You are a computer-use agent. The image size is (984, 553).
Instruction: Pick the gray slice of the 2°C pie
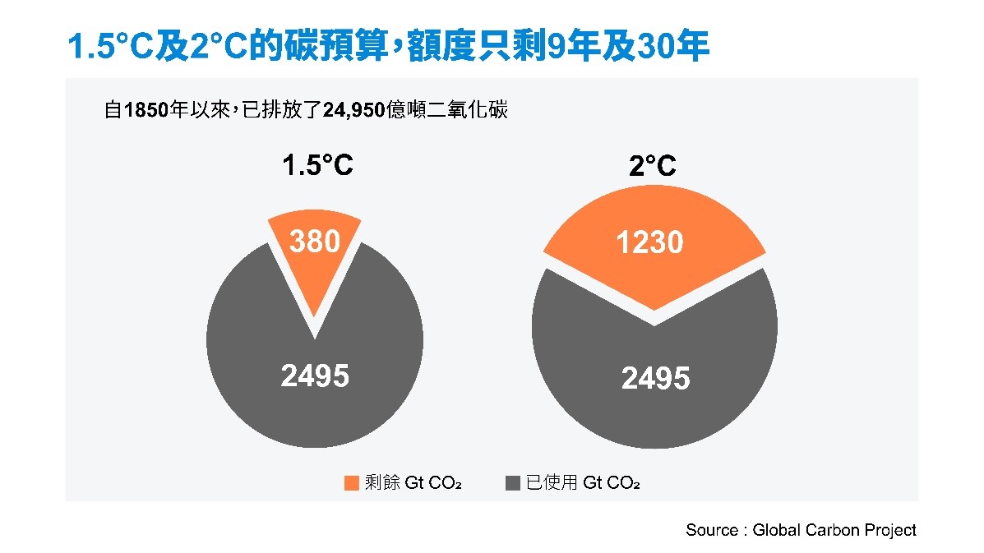[654, 394]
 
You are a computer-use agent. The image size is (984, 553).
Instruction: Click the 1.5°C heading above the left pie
[317, 166]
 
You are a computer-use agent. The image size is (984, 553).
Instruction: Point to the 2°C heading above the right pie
[653, 168]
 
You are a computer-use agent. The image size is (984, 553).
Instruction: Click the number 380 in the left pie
[315, 242]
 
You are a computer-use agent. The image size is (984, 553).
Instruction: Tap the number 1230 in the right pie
[650, 242]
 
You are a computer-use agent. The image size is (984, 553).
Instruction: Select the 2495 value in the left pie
[315, 376]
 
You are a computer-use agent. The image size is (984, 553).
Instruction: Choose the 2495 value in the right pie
[655, 379]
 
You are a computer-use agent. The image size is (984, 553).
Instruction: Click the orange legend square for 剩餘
[352, 483]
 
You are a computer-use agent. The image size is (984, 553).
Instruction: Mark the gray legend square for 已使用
[513, 483]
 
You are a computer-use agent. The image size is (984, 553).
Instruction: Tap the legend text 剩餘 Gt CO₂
[413, 483]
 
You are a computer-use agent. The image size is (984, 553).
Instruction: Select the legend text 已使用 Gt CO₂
[583, 483]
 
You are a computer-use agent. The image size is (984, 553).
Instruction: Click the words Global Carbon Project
[834, 530]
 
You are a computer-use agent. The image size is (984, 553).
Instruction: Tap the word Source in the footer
[712, 530]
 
